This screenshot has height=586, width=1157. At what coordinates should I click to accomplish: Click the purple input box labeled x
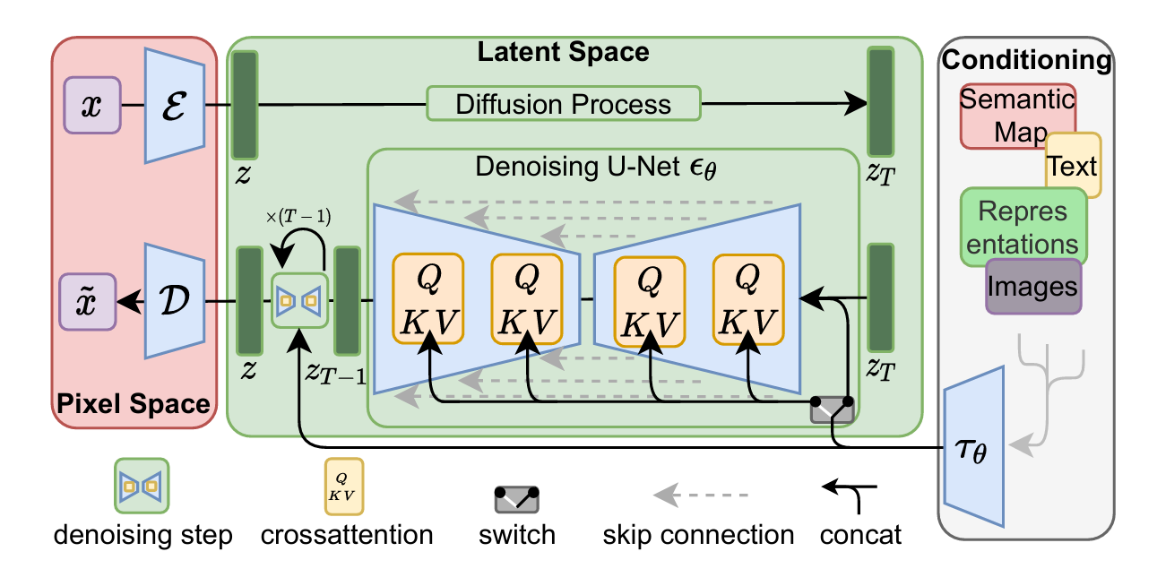point(91,105)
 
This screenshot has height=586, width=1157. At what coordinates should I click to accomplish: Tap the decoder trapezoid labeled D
point(175,298)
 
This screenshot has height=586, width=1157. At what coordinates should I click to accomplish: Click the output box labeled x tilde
point(88,298)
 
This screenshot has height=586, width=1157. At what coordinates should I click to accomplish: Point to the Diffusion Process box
point(563,104)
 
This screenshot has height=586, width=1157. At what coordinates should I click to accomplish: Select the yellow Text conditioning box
point(1074,166)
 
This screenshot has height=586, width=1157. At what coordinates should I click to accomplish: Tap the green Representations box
point(1023,226)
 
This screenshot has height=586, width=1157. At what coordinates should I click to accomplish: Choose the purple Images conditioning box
point(1033,286)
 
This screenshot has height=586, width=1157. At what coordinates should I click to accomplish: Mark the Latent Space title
point(563,51)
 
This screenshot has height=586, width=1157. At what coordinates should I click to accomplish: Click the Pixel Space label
point(134,403)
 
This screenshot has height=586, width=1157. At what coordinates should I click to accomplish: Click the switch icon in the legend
point(516,499)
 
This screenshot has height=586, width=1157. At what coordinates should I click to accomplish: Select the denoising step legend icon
point(142,487)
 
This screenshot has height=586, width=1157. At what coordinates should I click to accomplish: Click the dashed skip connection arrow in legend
point(699,495)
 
